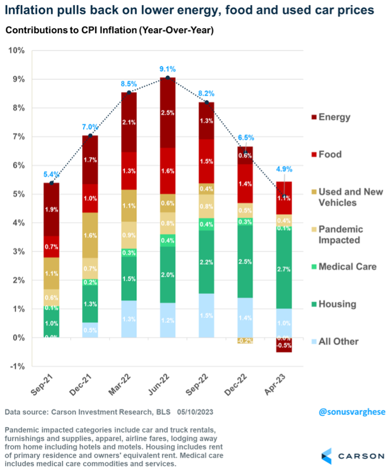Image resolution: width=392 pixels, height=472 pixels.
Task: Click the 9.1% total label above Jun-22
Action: [167, 69]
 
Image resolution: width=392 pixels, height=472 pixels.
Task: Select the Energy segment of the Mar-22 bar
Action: [129, 122]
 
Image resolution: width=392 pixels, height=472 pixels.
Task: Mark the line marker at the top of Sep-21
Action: [51, 183]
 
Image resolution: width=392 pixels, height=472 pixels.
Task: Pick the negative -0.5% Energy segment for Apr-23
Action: [284, 345]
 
